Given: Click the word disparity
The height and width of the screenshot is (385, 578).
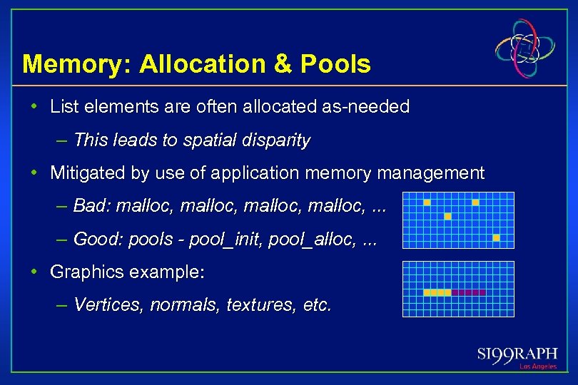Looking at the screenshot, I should click(280, 140).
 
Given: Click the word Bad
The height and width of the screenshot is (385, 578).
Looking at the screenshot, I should click(90, 206).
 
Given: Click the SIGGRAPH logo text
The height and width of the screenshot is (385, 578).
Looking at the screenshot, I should click(517, 354).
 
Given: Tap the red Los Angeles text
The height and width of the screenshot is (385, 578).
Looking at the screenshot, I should click(537, 366).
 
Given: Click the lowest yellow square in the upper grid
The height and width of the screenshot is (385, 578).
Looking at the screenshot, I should click(496, 237).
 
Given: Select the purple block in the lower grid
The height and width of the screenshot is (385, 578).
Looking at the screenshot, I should click(469, 292).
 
